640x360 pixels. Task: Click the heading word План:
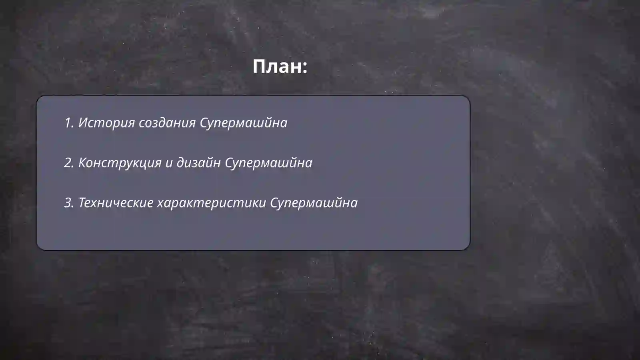tap(280, 66)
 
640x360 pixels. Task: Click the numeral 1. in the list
tap(69, 123)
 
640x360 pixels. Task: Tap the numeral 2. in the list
tap(69, 163)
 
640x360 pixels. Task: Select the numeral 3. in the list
tap(69, 203)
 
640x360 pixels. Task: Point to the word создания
tap(167, 123)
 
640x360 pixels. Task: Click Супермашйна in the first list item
tap(243, 123)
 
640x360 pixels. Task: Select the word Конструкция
tap(120, 163)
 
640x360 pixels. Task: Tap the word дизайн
tap(198, 163)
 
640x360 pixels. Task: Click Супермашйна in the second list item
tap(268, 163)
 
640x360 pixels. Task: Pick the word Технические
tap(116, 203)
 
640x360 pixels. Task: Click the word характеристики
tap(211, 203)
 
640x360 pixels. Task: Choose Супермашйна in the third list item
tap(314, 203)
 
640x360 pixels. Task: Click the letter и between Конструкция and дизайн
tap(169, 163)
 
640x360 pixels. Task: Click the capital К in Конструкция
tap(83, 162)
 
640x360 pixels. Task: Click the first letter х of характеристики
tap(160, 203)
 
